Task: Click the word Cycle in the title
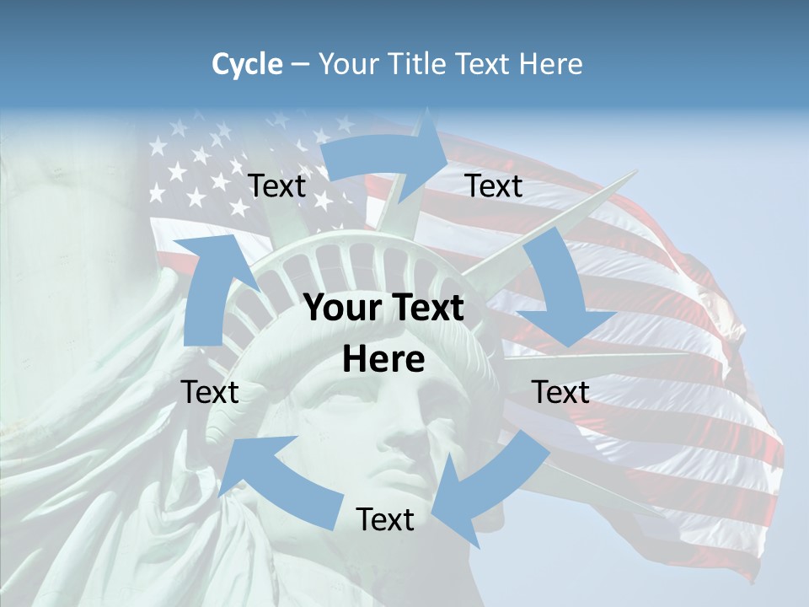click(x=247, y=64)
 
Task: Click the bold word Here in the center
click(x=383, y=360)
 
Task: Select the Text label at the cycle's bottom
click(x=385, y=520)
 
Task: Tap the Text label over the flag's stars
click(x=276, y=186)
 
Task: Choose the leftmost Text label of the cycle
click(x=210, y=392)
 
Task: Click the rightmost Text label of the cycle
click(x=560, y=392)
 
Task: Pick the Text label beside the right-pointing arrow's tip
click(x=494, y=186)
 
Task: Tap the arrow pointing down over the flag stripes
click(x=560, y=295)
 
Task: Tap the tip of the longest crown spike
click(x=636, y=172)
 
